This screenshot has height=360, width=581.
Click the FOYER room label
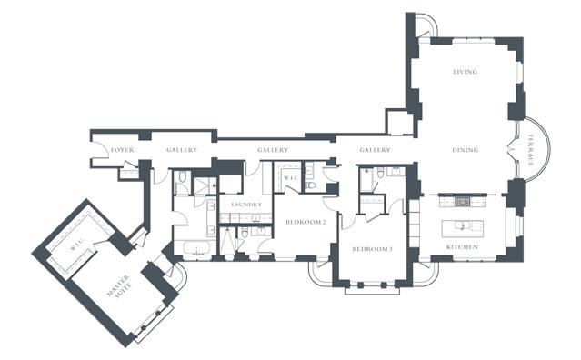pos(122,150)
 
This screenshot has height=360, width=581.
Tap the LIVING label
pos(465,72)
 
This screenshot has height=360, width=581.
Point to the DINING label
pos(465,150)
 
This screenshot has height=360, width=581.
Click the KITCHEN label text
pos(462,246)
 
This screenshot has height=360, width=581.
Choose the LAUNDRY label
pos(246,205)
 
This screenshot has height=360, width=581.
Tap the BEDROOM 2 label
pos(306,222)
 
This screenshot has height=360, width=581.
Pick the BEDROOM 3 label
pos(372,249)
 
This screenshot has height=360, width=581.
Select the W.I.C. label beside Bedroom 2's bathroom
pos(291,178)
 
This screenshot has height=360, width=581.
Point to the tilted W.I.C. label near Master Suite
pos(77,245)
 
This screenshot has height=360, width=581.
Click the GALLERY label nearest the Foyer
pos(182,150)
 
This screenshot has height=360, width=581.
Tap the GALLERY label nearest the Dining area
pos(375,150)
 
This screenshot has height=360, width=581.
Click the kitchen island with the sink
pos(463,228)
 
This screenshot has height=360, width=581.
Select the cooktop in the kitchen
pos(462,202)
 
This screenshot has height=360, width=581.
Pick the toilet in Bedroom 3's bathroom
pos(380,172)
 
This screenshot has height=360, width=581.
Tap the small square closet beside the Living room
pos(399,122)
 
